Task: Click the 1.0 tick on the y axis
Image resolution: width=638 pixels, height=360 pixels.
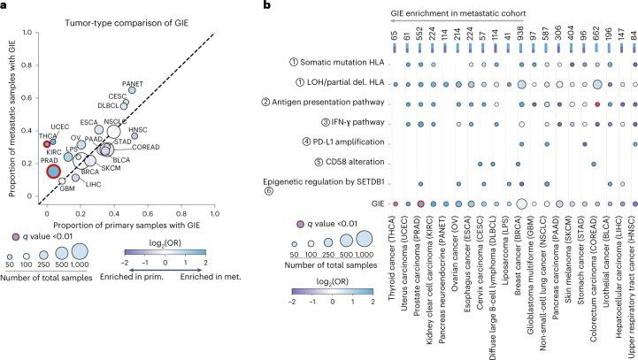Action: pos(36,32)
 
